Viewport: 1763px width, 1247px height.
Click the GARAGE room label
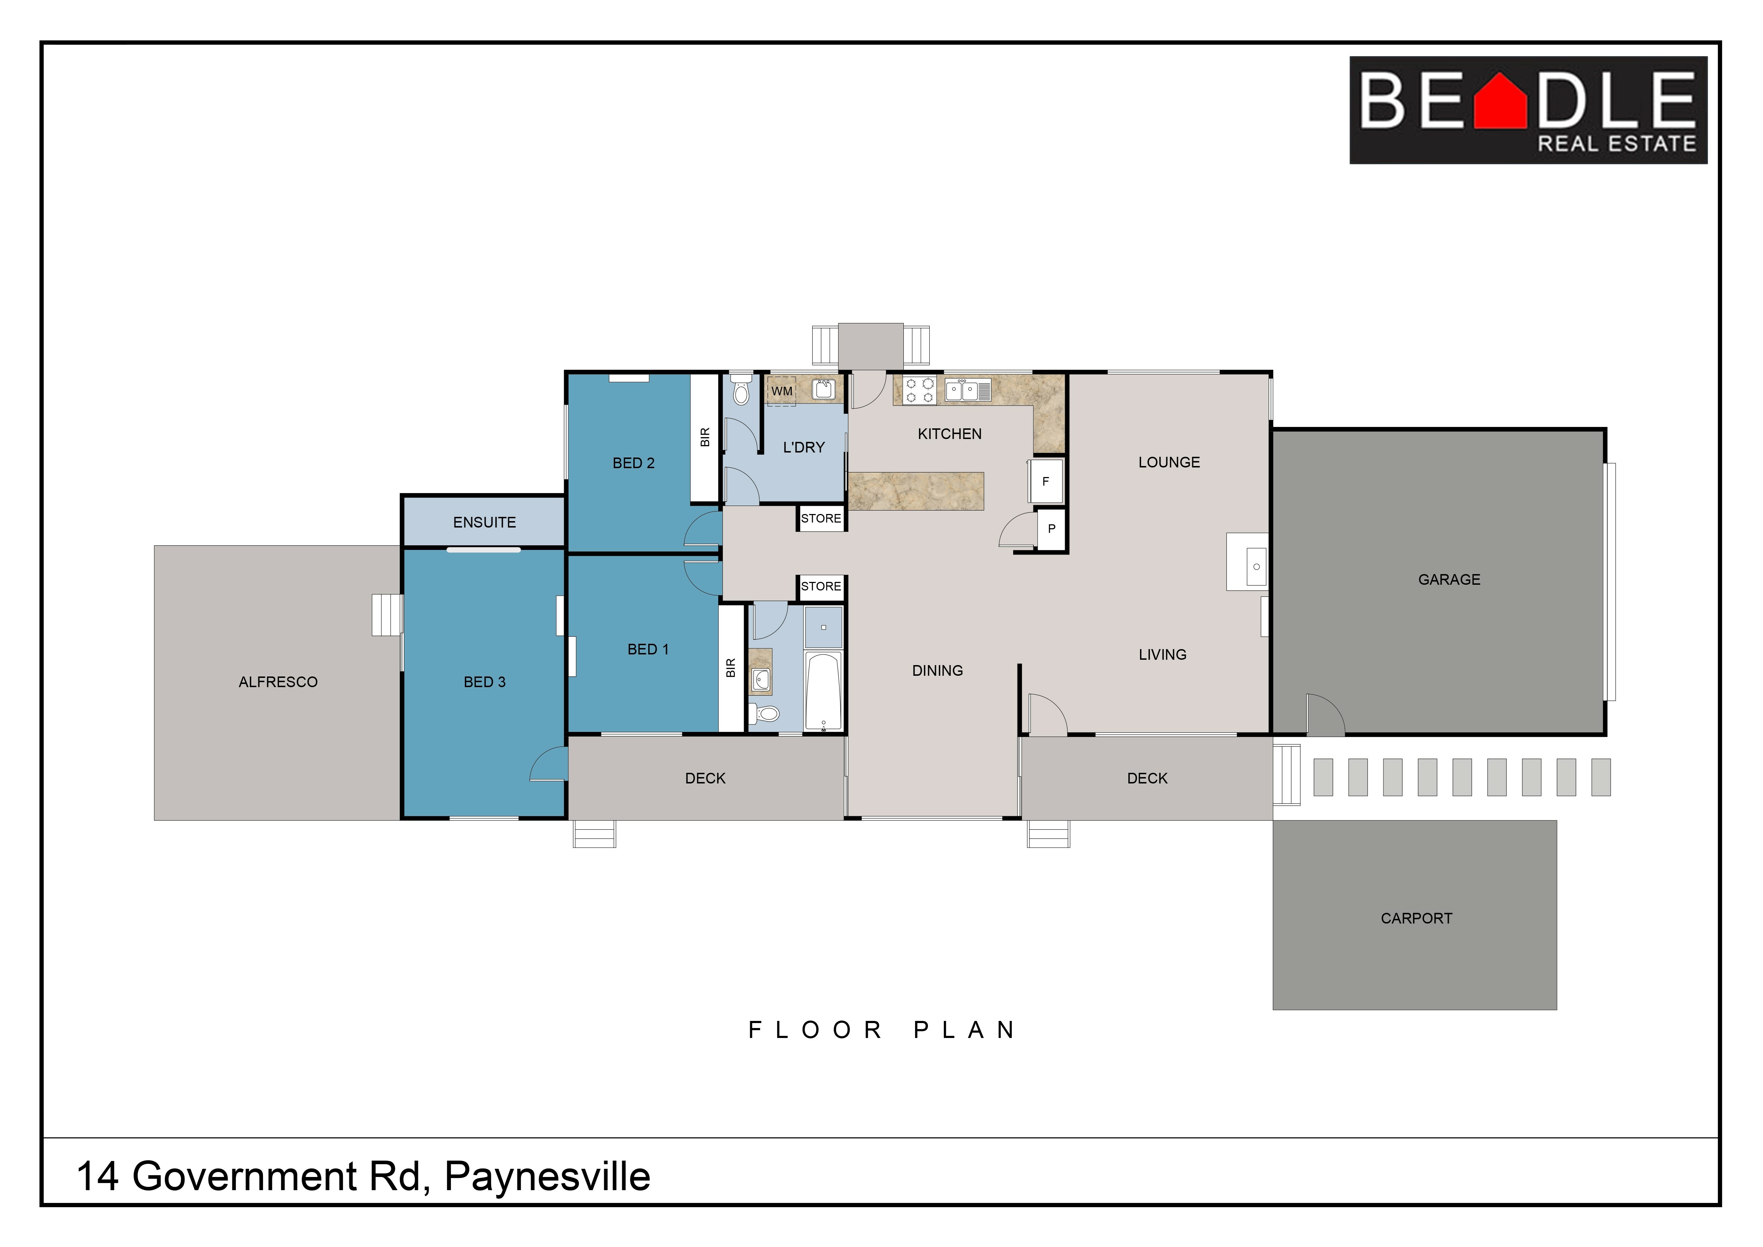[1449, 580]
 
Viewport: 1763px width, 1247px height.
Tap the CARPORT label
[1416, 918]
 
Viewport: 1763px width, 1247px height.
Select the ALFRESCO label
[278, 682]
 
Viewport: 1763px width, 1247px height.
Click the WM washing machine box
[782, 391]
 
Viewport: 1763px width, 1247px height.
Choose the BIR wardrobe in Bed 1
[731, 668]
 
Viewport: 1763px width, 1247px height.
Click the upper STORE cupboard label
[821, 518]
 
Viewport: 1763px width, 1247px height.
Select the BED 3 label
[484, 682]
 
